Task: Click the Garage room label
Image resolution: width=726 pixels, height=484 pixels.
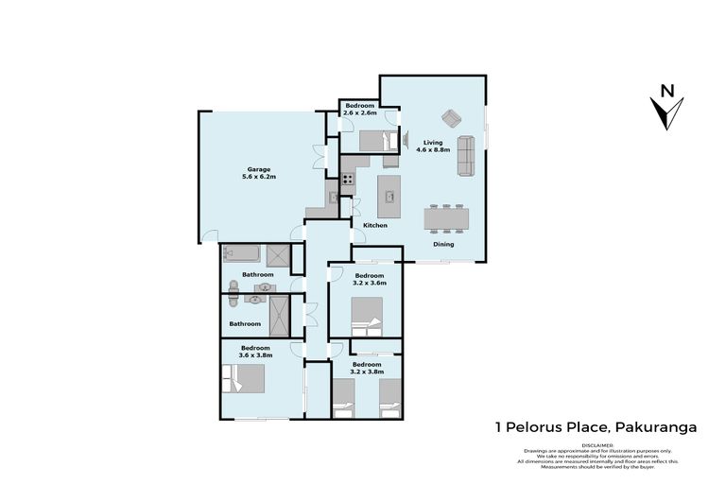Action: (x=246, y=169)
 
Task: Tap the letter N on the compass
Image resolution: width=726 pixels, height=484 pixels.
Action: (x=667, y=92)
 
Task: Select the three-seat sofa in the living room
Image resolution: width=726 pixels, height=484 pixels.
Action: (x=465, y=156)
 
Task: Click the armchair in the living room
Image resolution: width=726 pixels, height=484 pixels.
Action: (x=452, y=118)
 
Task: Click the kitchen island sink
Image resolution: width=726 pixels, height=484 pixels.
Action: (x=389, y=197)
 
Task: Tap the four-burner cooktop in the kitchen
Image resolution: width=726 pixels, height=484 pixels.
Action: (x=348, y=178)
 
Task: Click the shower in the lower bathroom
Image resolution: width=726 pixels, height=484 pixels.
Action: (x=280, y=316)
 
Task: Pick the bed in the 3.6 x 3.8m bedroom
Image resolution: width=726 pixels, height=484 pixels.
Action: (x=250, y=379)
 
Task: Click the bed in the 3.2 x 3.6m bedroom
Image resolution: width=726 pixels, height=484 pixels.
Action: (x=367, y=314)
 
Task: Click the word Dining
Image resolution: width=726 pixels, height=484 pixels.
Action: (x=443, y=244)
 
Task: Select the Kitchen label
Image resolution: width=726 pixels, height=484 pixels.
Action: (x=376, y=226)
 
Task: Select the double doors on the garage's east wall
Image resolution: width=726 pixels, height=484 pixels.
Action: (x=327, y=156)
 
